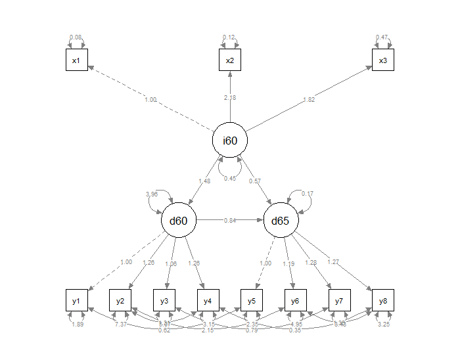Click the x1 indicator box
click(76, 61)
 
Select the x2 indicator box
click(230, 61)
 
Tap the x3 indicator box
click(383, 61)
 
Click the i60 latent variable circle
click(230, 141)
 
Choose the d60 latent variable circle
click(179, 221)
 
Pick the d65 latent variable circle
click(281, 221)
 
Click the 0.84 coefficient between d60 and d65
click(230, 220)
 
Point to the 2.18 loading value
click(230, 97)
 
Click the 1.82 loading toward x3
click(308, 100)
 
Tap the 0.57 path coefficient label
click(254, 181)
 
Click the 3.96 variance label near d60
click(151, 194)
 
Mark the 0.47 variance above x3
click(381, 37)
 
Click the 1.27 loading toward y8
click(333, 262)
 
